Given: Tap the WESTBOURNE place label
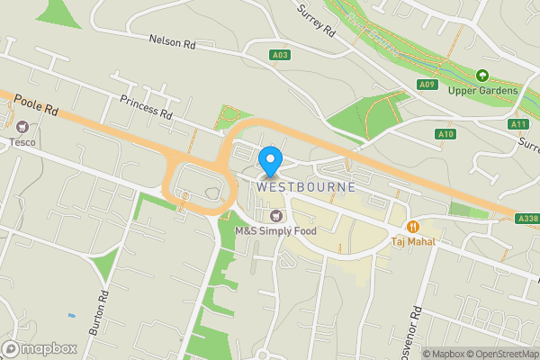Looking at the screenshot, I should [x=306, y=187].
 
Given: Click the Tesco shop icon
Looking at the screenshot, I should [x=22, y=127].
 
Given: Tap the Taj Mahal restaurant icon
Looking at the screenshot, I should [x=413, y=226].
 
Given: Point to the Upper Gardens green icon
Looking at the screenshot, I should [x=482, y=76].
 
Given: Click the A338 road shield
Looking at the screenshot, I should [x=527, y=218].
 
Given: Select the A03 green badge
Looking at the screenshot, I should [x=280, y=56].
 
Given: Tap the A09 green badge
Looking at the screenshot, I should [x=427, y=85].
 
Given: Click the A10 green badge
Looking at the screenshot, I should [x=447, y=134].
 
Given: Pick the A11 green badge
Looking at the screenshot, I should [x=517, y=123].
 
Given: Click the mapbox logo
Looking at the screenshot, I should [x=37, y=347].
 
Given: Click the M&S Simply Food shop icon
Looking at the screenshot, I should [x=276, y=216].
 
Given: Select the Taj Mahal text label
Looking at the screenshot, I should [x=413, y=241].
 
